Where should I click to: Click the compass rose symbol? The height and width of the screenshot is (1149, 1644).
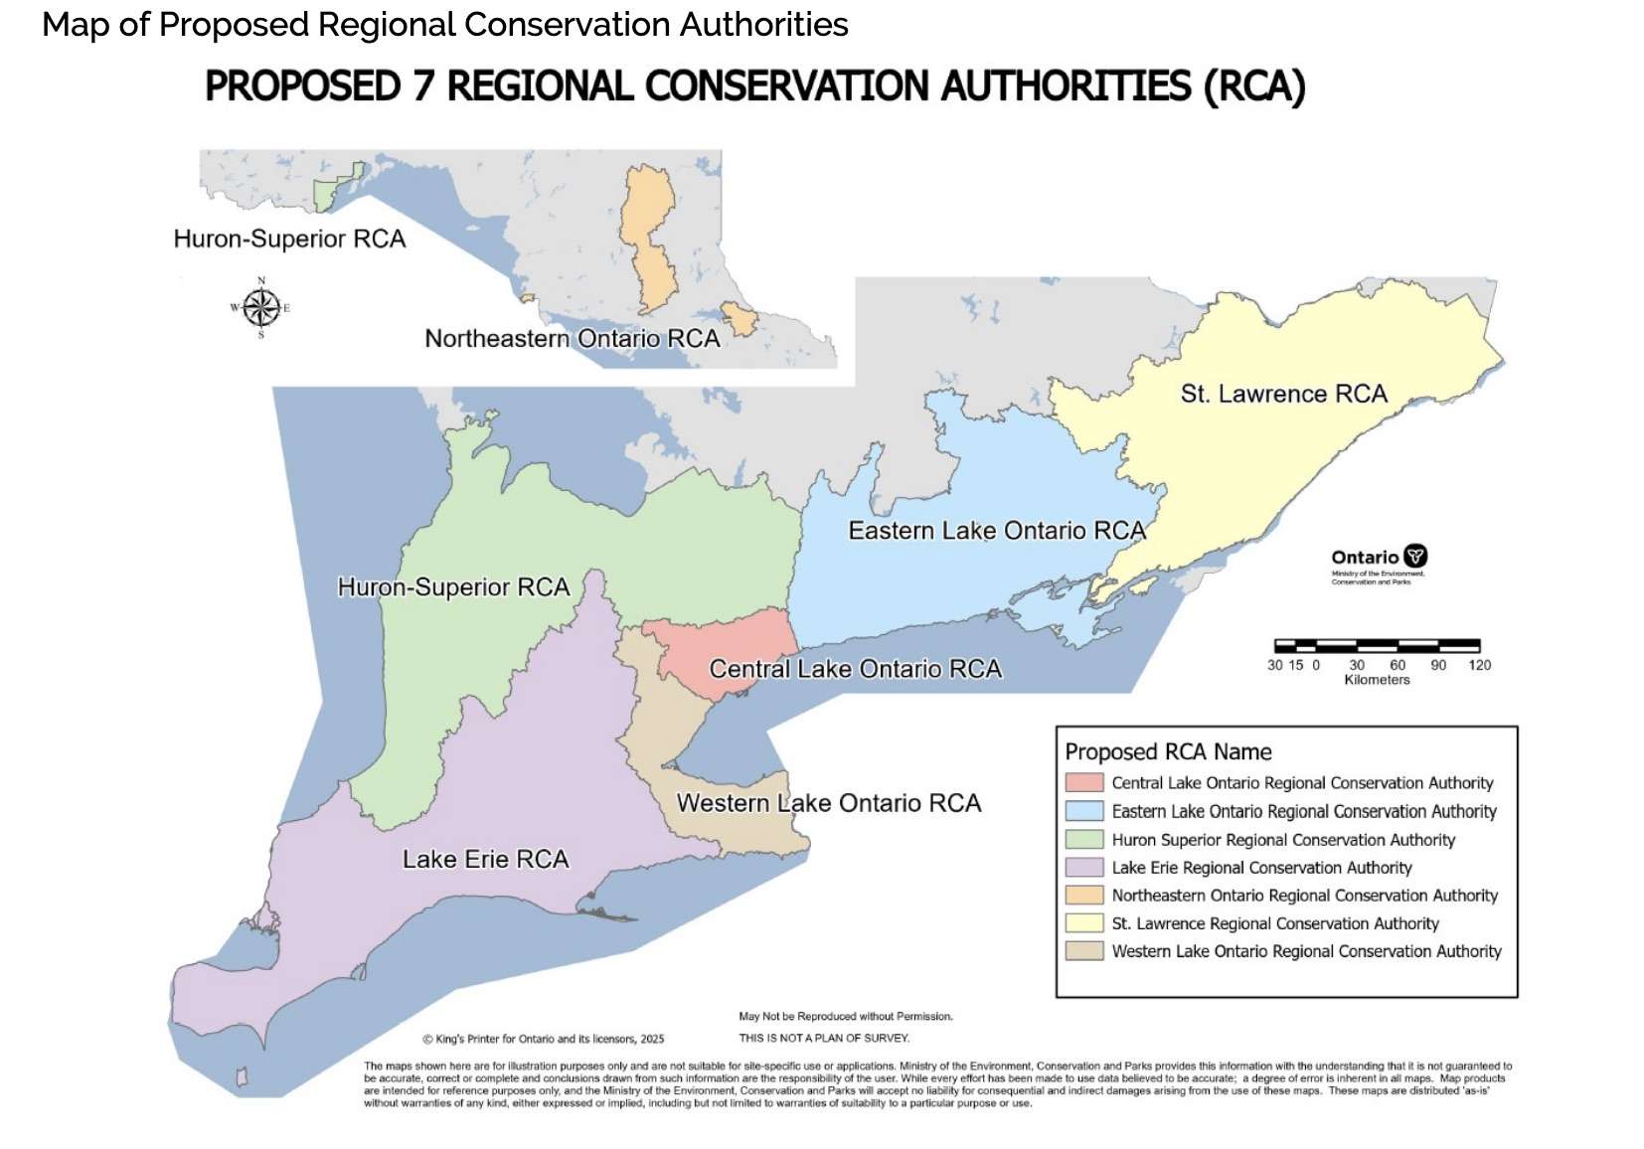(x=260, y=308)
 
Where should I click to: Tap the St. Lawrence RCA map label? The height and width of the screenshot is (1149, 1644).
(x=1283, y=395)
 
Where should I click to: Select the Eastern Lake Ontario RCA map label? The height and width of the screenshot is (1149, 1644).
(x=997, y=531)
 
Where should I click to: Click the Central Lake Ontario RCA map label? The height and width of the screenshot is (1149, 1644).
(x=855, y=669)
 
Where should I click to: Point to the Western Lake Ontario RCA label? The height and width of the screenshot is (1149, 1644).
(x=829, y=803)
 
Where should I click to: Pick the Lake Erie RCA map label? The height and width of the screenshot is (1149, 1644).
(x=485, y=860)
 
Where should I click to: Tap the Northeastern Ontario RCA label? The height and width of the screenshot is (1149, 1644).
(x=573, y=339)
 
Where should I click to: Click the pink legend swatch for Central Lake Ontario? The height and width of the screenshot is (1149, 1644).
(x=1083, y=783)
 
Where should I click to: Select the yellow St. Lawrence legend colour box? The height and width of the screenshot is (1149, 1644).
(x=1083, y=923)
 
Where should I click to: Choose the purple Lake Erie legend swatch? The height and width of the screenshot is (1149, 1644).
(x=1083, y=868)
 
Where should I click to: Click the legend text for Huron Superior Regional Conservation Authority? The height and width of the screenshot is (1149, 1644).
(x=1283, y=840)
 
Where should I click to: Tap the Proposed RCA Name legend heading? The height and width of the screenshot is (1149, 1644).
(x=1168, y=751)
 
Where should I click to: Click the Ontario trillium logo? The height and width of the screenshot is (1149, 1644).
(x=1415, y=557)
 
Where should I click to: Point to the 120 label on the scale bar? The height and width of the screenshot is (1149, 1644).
(x=1479, y=665)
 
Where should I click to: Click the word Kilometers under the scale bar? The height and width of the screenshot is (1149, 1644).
(x=1377, y=680)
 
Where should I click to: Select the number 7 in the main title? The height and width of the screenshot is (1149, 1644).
(x=423, y=86)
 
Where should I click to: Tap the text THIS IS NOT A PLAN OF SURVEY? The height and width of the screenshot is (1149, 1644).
(x=824, y=1038)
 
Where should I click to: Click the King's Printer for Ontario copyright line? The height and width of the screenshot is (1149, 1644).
(x=544, y=1040)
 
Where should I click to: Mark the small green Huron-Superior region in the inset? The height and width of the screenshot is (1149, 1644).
(x=326, y=194)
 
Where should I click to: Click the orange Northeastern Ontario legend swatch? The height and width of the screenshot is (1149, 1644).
(x=1083, y=896)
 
